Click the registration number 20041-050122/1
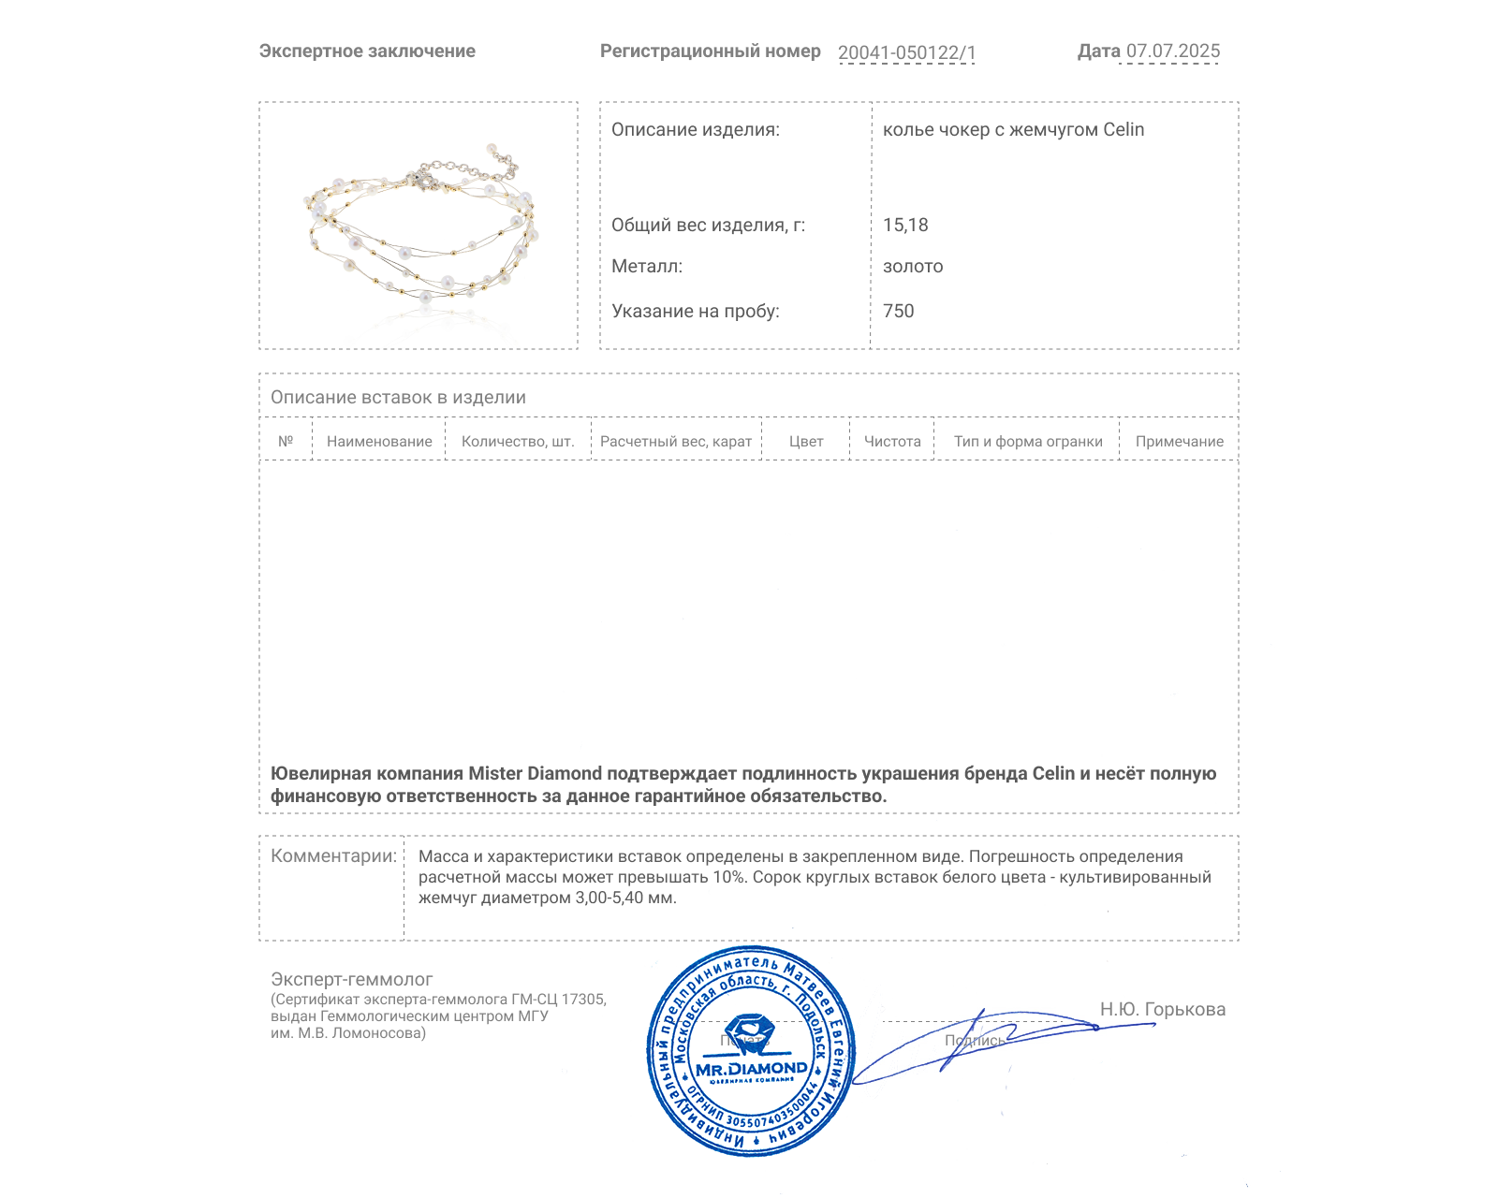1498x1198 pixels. (906, 52)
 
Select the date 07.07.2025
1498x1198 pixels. (1172, 51)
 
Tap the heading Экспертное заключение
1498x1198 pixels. (367, 51)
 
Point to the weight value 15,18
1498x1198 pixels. (905, 226)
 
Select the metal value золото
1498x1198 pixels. (913, 267)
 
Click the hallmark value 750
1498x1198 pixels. (898, 312)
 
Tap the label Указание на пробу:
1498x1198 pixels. (695, 312)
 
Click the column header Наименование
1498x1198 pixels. (379, 442)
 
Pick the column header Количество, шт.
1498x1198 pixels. (518, 442)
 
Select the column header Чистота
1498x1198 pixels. (892, 442)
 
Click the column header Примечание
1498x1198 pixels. (1179, 442)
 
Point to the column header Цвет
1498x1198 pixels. (805, 442)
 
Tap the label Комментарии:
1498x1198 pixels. (333, 856)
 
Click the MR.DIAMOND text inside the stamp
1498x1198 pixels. (751, 1069)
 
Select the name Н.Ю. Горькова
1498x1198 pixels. (1162, 1010)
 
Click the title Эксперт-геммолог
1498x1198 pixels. (351, 980)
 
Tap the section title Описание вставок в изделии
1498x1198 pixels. (398, 398)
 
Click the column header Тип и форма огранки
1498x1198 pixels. (1028, 442)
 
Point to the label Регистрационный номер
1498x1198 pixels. (710, 51)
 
